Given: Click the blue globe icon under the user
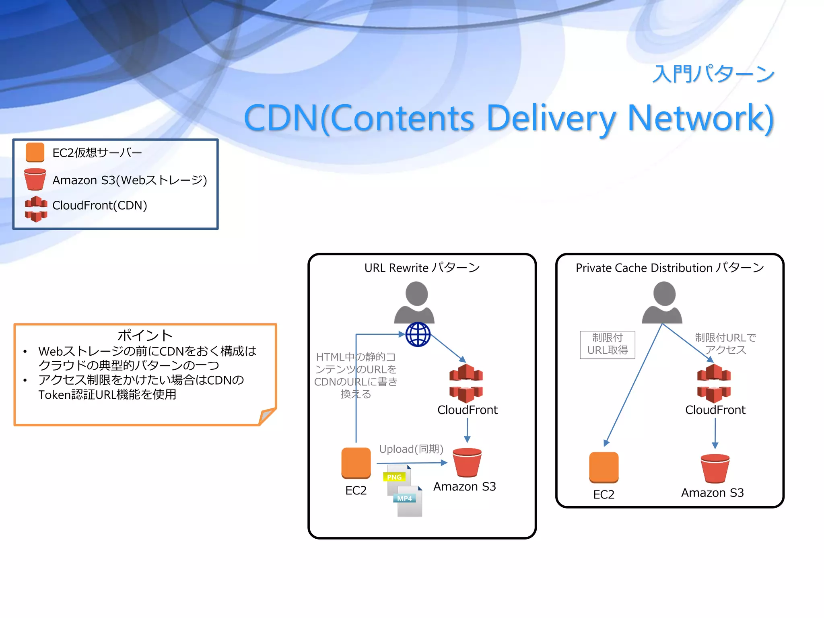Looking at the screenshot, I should click(x=418, y=334).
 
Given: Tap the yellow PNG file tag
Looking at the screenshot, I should click(x=394, y=477).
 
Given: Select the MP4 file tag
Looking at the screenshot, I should click(x=404, y=499).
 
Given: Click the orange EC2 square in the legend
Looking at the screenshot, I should click(x=35, y=152).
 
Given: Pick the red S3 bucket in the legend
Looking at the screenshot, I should click(x=35, y=179).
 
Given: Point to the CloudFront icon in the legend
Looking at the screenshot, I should click(x=36, y=209).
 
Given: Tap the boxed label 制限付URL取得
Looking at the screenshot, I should click(x=607, y=344).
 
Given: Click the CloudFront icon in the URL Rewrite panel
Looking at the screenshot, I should click(x=466, y=383).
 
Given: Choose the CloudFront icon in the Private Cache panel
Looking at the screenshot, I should click(x=714, y=383).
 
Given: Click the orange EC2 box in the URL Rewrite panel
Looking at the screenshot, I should click(x=356, y=463).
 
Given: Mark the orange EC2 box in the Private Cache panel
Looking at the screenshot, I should click(x=604, y=467).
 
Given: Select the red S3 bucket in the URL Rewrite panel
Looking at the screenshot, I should click(x=467, y=463).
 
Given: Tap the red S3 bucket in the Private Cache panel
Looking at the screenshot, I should click(x=715, y=468).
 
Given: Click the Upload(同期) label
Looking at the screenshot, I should click(x=411, y=449).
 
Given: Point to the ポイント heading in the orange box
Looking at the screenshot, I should click(x=145, y=335).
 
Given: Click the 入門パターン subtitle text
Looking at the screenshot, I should click(x=713, y=74).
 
